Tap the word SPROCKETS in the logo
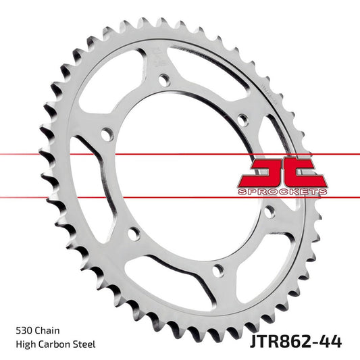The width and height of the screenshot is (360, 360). (x=282, y=192)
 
